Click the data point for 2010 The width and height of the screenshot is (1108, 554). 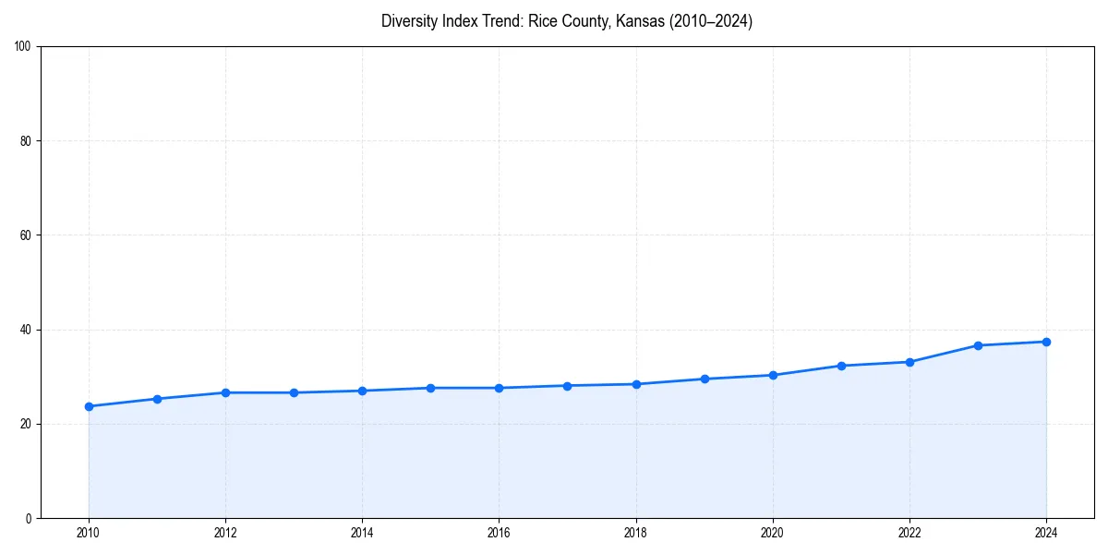tap(89, 406)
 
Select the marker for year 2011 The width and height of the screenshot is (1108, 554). tap(157, 399)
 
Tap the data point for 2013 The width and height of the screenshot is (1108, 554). tap(294, 392)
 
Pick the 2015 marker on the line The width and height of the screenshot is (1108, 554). tap(430, 388)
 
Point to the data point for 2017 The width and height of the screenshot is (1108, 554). tap(567, 386)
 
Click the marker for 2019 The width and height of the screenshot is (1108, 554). tap(705, 379)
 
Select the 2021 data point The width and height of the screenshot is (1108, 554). tap(841, 366)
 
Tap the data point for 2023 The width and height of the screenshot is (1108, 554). tap(978, 345)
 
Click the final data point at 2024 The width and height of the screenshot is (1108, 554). tap(1046, 342)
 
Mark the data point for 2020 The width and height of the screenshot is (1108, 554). tap(773, 375)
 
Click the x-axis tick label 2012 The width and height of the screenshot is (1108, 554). tap(225, 533)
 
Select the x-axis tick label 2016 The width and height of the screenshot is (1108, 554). tap(499, 533)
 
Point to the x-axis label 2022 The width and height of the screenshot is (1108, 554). tap(909, 533)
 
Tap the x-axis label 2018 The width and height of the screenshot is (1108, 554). tap(635, 533)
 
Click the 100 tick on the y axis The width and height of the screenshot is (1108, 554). tap(24, 47)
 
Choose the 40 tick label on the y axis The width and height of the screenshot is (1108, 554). tap(27, 330)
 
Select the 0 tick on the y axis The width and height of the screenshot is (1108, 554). tap(30, 518)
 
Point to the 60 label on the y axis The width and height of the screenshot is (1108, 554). tap(27, 235)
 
